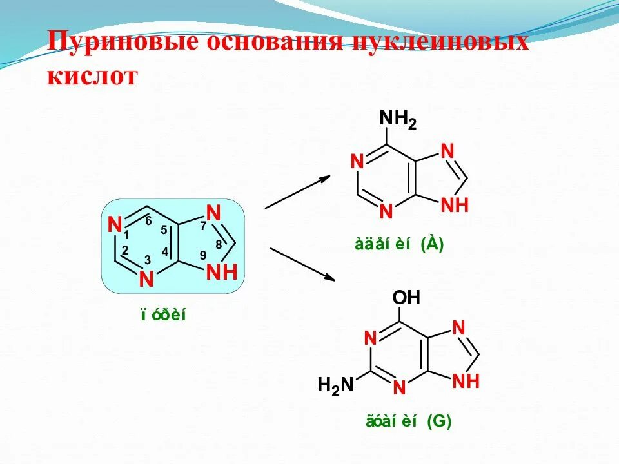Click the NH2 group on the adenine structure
(x=397, y=119)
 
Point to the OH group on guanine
(x=406, y=298)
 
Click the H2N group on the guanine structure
(x=335, y=385)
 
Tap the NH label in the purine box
(x=222, y=272)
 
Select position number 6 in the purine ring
(x=148, y=220)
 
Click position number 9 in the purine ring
(x=203, y=255)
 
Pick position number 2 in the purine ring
(x=125, y=250)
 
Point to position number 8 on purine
(x=219, y=244)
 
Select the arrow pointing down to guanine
(x=303, y=264)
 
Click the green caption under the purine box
(x=163, y=315)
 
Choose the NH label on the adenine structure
(x=454, y=206)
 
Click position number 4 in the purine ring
(x=165, y=252)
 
